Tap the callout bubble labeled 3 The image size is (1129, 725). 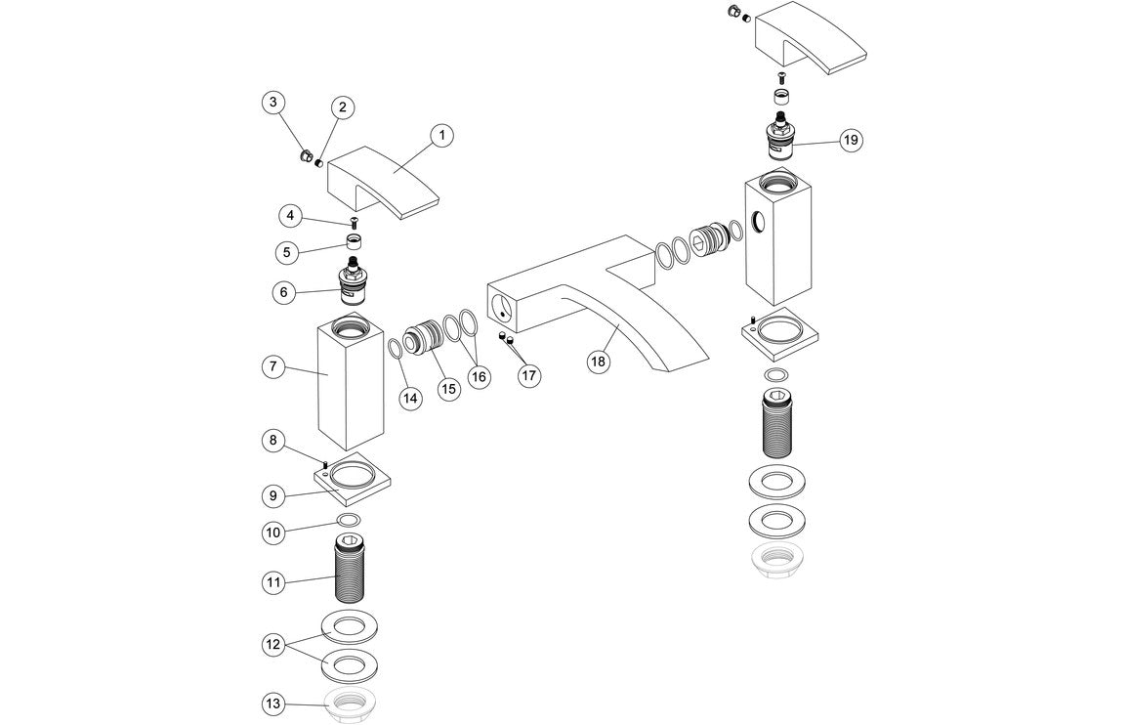tap(273, 102)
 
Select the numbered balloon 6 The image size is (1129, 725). tap(284, 291)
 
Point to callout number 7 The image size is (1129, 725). tap(273, 368)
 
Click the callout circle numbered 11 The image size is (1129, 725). tap(273, 582)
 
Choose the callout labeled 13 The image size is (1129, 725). tap(273, 704)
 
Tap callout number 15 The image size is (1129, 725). tap(447, 389)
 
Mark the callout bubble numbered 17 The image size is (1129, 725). tap(529, 374)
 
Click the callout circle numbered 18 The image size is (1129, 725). tap(598, 362)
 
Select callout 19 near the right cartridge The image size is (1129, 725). tap(851, 140)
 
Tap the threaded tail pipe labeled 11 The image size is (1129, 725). tap(349, 571)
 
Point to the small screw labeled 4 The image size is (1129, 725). tap(353, 224)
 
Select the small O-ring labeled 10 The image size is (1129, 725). tap(349, 520)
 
